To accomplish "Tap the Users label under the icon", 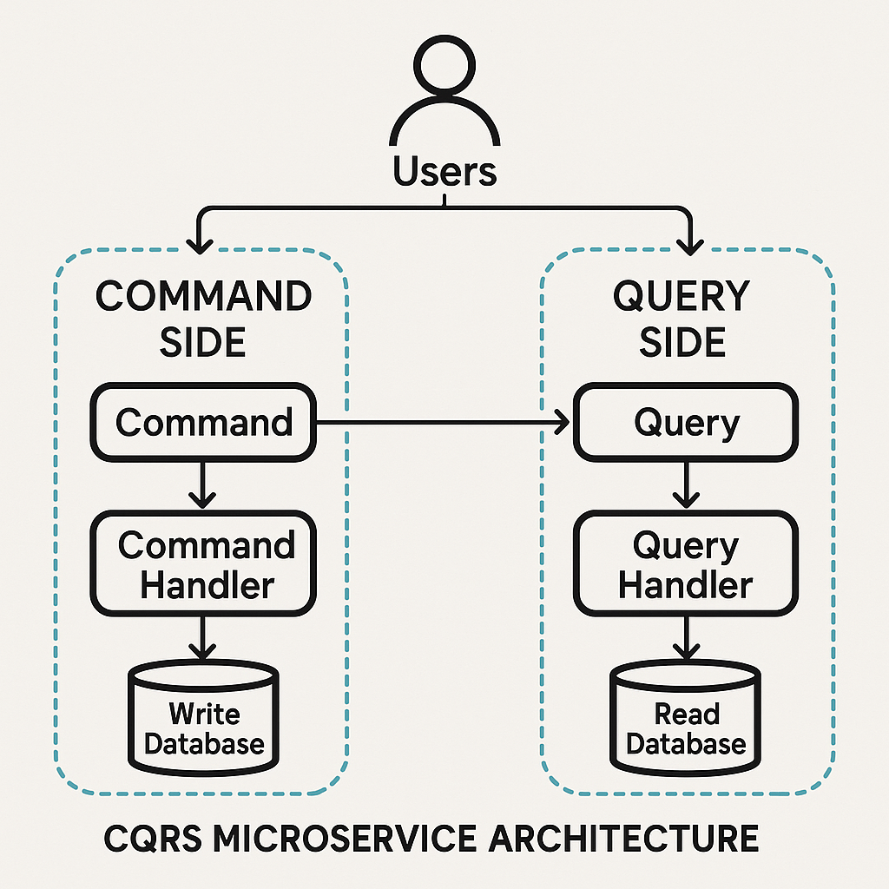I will point(444,171).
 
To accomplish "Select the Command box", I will point(204,423).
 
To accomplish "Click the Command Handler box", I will point(204,564).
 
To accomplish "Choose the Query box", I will point(686,423).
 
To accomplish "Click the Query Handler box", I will point(686,564).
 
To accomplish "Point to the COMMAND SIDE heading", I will point(204,319).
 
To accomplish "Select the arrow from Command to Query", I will point(443,423).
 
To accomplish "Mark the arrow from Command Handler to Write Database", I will point(202,638).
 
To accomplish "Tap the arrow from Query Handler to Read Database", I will point(687,638).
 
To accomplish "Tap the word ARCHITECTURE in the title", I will point(639,839).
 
